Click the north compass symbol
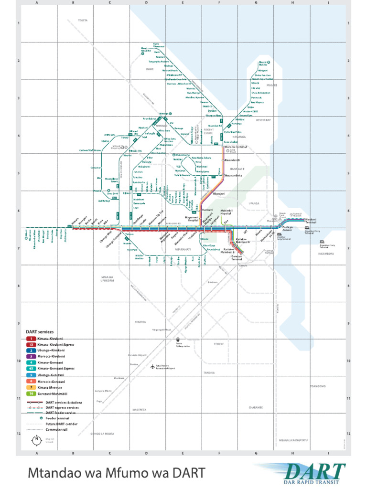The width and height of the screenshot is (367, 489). click(36, 440)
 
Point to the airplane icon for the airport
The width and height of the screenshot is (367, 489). click(152, 367)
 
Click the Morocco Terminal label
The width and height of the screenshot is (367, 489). click(235, 147)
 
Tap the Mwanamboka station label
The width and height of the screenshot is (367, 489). click(233, 175)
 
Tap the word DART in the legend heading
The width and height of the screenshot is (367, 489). click(32, 331)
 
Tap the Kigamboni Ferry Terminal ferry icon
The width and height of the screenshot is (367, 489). click(322, 242)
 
